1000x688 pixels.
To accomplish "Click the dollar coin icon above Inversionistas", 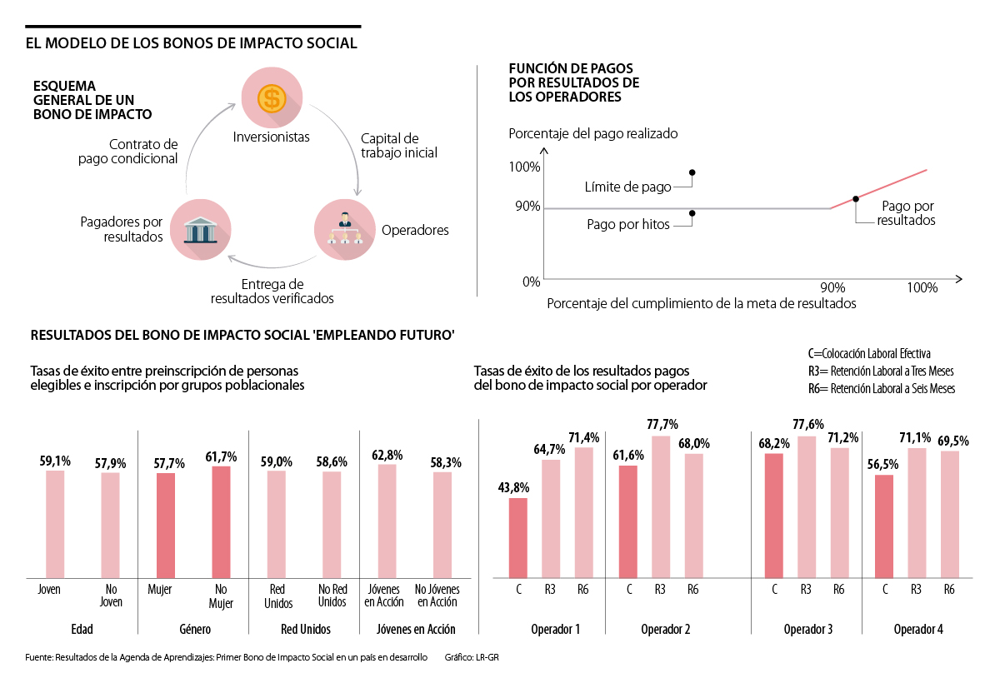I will click(x=270, y=98).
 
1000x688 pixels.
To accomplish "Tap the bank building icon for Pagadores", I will click(x=200, y=229).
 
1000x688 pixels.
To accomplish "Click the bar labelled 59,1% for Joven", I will click(x=55, y=525).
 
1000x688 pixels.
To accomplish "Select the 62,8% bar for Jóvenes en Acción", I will click(x=387, y=521).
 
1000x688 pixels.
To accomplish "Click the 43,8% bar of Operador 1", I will click(x=518, y=538).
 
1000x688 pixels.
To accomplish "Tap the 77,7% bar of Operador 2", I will click(x=660, y=507).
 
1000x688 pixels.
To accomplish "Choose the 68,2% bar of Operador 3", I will click(x=774, y=516).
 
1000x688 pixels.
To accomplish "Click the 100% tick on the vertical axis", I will click(x=525, y=167).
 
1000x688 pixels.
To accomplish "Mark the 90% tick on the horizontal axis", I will click(x=832, y=287).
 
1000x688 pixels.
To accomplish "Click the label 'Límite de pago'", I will click(x=628, y=187).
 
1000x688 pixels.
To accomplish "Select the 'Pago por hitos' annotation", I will click(x=628, y=224).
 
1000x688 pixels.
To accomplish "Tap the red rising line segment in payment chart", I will click(x=878, y=189).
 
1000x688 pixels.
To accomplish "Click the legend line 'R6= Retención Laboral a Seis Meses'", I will click(x=882, y=389).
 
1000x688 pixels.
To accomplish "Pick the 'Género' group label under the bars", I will click(x=193, y=629).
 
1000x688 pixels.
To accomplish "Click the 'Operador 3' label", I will click(x=807, y=629).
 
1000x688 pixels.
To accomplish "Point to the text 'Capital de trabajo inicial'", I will click(x=399, y=146).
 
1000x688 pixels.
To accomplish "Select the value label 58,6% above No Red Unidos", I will click(x=332, y=461).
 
